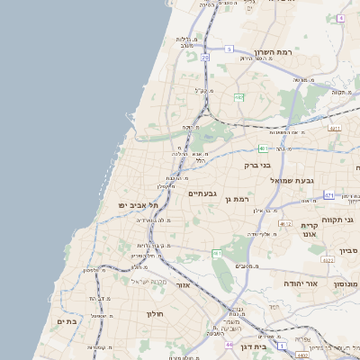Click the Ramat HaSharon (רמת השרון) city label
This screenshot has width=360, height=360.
click(x=274, y=54)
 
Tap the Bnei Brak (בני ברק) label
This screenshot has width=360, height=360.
click(x=259, y=165)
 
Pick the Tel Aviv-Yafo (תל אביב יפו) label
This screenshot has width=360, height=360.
click(x=138, y=205)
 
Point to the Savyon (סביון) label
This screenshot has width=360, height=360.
click(x=349, y=250)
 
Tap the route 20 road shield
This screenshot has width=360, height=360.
click(x=205, y=58)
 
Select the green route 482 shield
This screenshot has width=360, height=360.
click(x=239, y=97)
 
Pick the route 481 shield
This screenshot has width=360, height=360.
click(x=262, y=148)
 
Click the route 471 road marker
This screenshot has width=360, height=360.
click(x=329, y=195)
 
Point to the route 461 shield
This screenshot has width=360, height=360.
click(x=217, y=255)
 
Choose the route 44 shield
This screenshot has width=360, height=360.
click(x=230, y=344)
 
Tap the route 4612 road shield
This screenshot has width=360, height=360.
click(x=284, y=223)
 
